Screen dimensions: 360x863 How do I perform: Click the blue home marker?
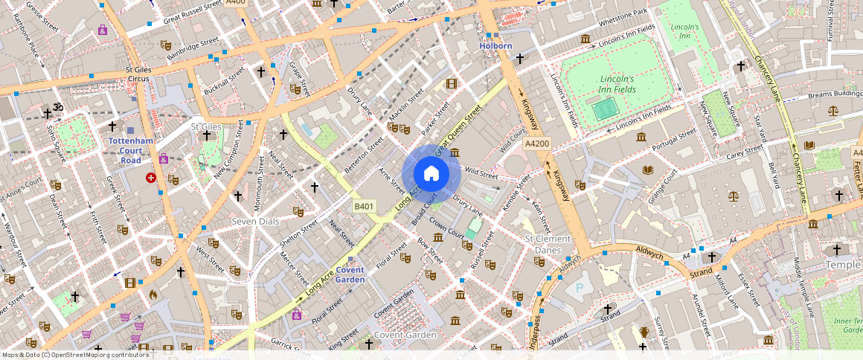(x=431, y=174)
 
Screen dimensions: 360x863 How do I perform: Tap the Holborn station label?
(x=495, y=46)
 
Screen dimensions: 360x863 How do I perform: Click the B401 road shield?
(x=364, y=206)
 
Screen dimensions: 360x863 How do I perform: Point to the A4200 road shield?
(x=536, y=144)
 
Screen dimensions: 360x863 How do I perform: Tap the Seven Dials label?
(x=255, y=222)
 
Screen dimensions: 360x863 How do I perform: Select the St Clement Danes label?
(x=548, y=244)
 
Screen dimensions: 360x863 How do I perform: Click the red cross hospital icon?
(x=152, y=178)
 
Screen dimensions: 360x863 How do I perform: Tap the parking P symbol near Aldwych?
(x=580, y=287)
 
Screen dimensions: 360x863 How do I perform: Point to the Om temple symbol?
(x=58, y=109)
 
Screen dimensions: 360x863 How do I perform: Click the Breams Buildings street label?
(x=835, y=94)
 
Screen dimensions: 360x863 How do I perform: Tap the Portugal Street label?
(x=673, y=140)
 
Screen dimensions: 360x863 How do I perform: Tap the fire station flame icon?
(x=153, y=295)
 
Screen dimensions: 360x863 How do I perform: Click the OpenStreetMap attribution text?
(x=75, y=355)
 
